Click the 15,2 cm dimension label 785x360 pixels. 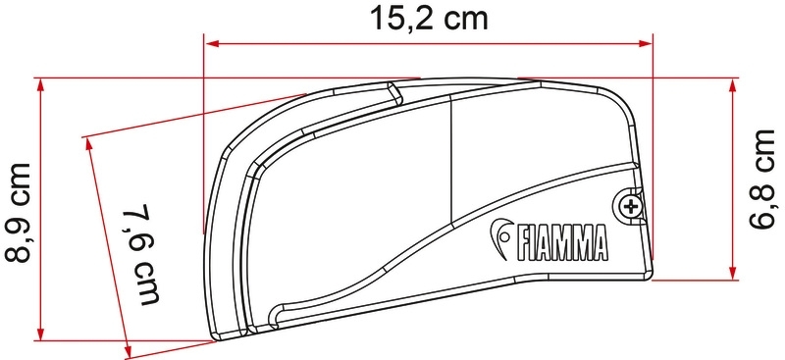click(x=429, y=19)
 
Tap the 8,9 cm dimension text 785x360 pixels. click(x=19, y=212)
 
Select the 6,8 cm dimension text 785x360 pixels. click(x=763, y=179)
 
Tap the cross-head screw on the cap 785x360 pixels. click(x=630, y=206)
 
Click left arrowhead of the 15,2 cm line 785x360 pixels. click(x=212, y=43)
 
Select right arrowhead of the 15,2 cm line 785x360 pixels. click(x=645, y=43)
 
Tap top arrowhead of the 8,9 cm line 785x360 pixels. click(x=41, y=85)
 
